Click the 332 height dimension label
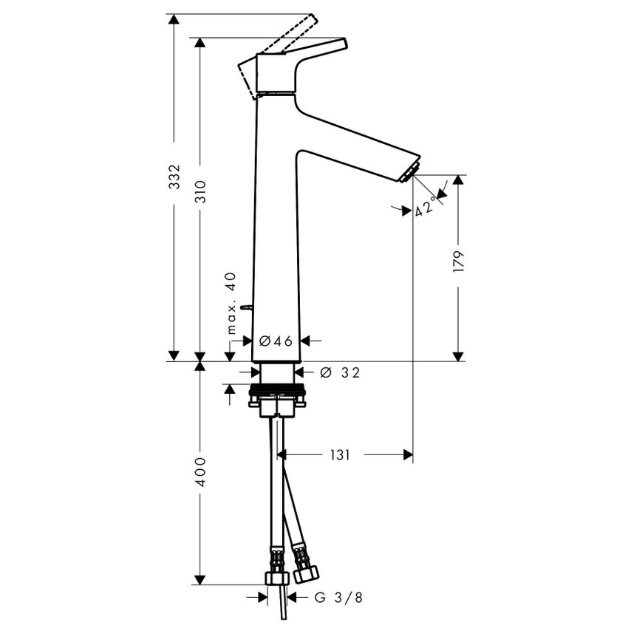pos(174,177)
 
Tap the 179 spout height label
pos(458,263)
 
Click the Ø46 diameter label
pos(277,341)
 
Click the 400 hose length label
pos(200,472)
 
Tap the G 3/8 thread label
pos(338,597)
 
